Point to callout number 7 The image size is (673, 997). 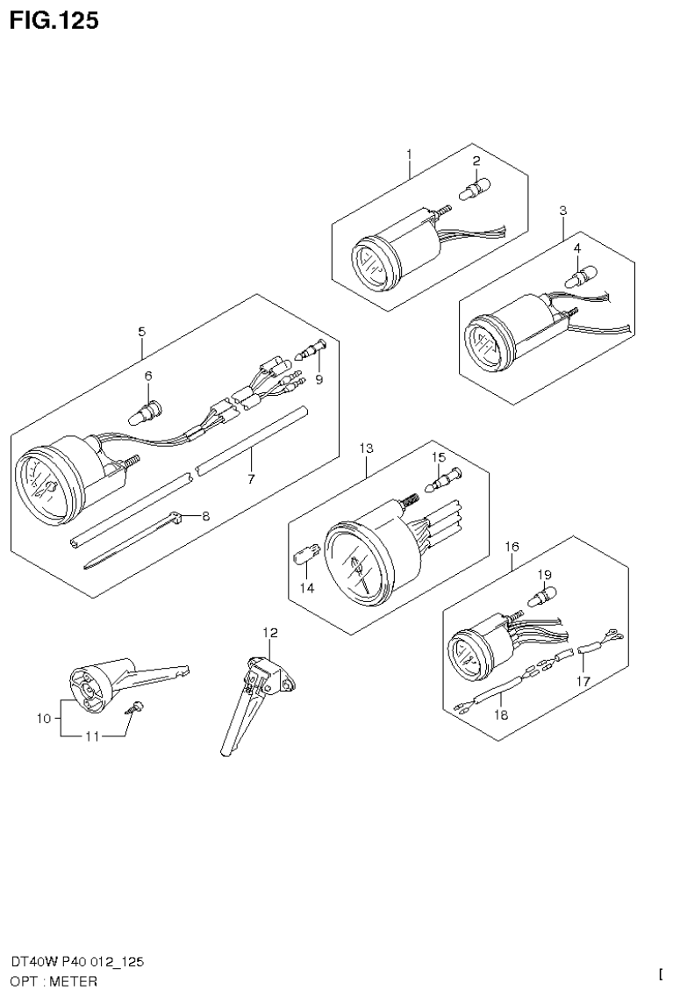251,479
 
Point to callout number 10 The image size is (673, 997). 44,719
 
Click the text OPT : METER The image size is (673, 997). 54,980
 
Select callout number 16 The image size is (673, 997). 512,546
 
